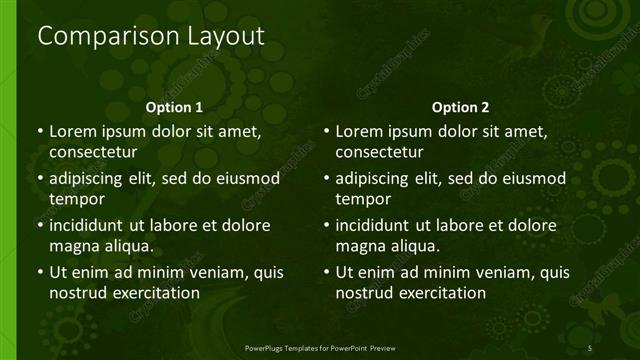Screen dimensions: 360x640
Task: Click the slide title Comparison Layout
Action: (x=151, y=37)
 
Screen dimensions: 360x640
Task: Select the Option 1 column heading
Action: (x=174, y=107)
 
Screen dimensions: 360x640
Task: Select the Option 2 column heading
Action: (x=460, y=107)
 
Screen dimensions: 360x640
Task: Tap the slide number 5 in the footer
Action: (x=590, y=347)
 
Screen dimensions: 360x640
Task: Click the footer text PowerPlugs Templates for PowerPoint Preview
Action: (x=320, y=347)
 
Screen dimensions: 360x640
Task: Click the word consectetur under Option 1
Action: (x=93, y=152)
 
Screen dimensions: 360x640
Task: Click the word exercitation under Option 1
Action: (x=155, y=293)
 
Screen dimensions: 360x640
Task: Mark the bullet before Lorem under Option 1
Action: (x=39, y=131)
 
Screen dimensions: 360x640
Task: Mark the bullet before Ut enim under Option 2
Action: (x=326, y=272)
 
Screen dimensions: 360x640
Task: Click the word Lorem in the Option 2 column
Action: (x=358, y=131)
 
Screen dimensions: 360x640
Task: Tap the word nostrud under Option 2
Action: (x=364, y=293)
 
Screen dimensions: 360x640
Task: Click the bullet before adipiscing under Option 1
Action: (x=39, y=179)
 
